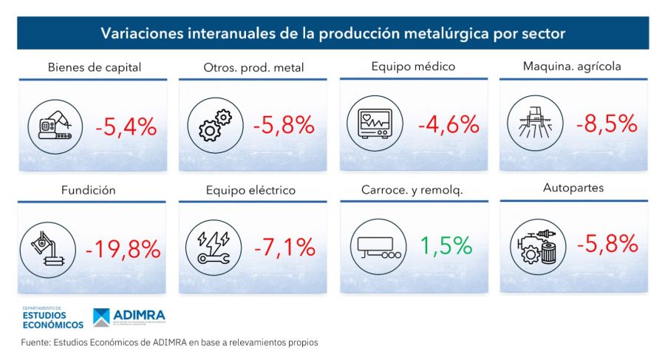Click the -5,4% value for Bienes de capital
[126, 127]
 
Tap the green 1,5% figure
[446, 245]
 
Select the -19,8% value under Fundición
[123, 249]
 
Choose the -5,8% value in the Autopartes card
[606, 242]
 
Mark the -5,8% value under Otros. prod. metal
[284, 126]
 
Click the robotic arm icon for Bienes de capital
[52, 127]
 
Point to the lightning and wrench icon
[214, 248]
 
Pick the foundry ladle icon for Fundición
[52, 248]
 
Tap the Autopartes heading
[573, 188]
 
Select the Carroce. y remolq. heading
[412, 191]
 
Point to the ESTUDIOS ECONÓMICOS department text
[53, 319]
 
